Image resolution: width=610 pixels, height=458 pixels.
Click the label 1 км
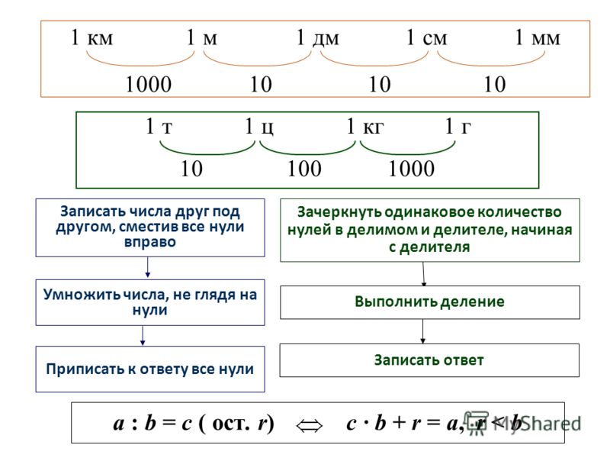91,37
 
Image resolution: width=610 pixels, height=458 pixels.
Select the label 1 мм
538,37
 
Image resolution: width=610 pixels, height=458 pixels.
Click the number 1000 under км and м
149,84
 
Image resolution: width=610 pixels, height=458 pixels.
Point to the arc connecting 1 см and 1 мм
491,64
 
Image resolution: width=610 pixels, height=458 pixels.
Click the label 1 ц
259,127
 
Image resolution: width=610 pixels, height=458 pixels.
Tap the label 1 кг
365,126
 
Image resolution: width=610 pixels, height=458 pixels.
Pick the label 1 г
458,126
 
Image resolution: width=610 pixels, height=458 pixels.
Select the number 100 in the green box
304,169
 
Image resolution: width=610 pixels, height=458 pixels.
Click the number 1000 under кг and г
412,169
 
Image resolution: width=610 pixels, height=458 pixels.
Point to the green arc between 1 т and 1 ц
207,153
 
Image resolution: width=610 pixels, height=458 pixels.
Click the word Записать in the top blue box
93,211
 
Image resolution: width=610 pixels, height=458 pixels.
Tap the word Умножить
82,295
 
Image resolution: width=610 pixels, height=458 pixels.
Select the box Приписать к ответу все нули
150,369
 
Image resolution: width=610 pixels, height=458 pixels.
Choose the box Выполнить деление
430,302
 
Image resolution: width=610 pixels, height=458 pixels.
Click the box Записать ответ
429,360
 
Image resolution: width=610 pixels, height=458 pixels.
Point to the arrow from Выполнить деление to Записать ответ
423,331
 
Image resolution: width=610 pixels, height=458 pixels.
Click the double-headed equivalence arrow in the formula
310,425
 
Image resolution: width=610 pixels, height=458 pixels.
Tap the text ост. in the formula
231,424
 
